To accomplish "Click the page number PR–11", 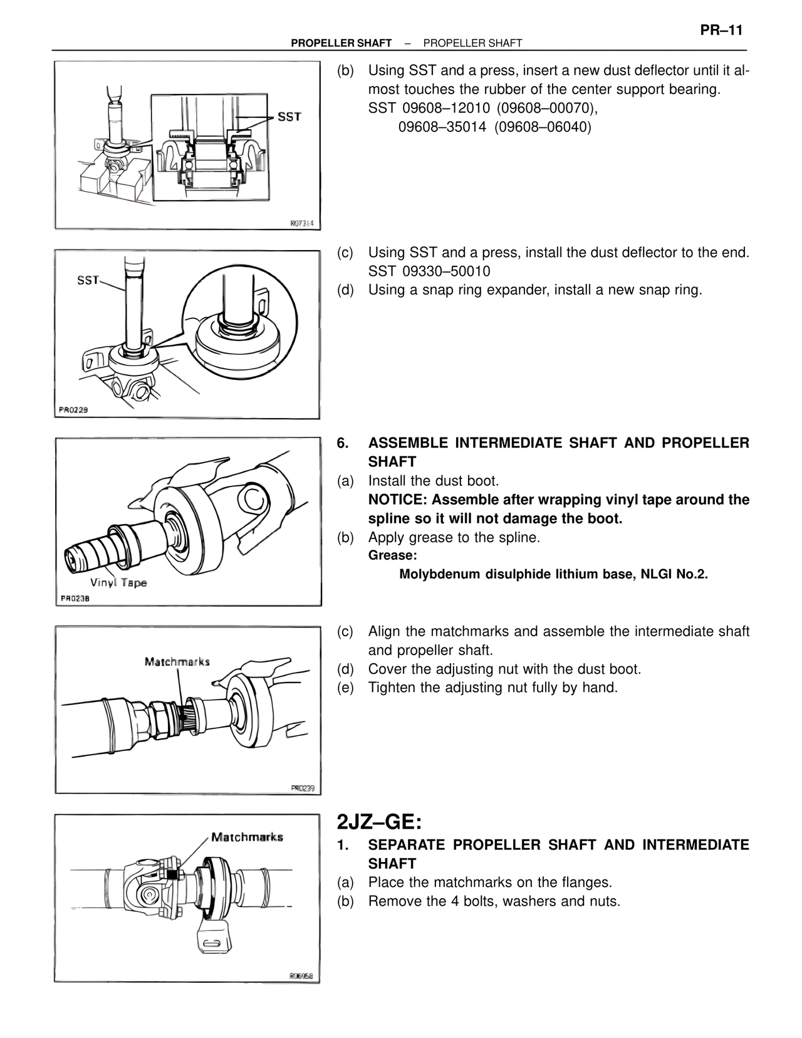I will pyautogui.click(x=721, y=30).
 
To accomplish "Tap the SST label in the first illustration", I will pyautogui.click(x=289, y=117).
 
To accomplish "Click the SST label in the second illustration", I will pyautogui.click(x=88, y=280).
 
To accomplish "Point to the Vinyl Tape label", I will pyautogui.click(x=118, y=582).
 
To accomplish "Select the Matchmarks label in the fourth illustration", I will pyautogui.click(x=177, y=661).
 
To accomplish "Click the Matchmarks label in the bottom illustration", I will pyautogui.click(x=247, y=837).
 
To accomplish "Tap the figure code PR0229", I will pyautogui.click(x=73, y=410).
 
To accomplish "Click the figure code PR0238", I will pyautogui.click(x=75, y=598).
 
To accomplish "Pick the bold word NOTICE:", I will pyautogui.click(x=398, y=500).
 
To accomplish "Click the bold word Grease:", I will pyautogui.click(x=392, y=555).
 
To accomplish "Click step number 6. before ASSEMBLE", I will pyautogui.click(x=343, y=443).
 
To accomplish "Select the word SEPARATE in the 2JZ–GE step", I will pyautogui.click(x=407, y=844).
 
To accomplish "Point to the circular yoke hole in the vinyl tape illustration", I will pyautogui.click(x=254, y=499).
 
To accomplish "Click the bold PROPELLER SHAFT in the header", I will pyautogui.click(x=341, y=43).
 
